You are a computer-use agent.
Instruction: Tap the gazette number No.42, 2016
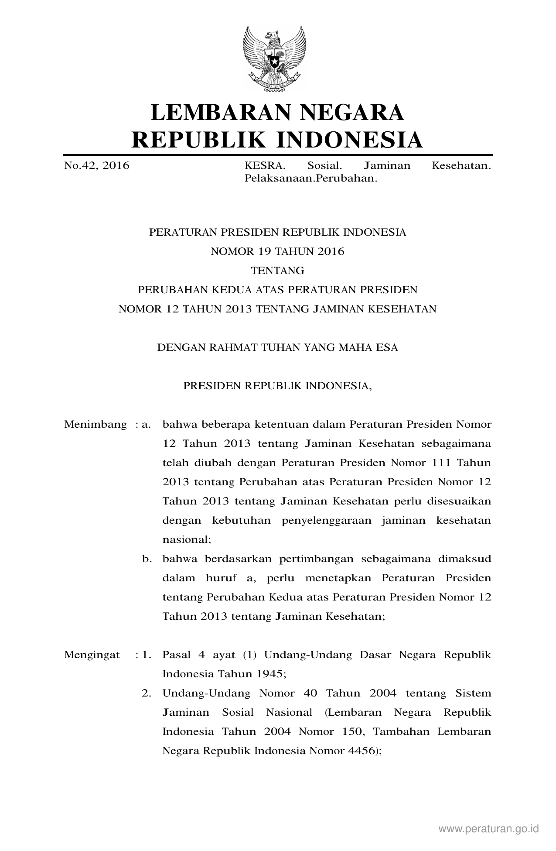point(97,166)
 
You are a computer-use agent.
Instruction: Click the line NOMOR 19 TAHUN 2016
point(277,251)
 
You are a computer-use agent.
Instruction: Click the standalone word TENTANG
point(277,271)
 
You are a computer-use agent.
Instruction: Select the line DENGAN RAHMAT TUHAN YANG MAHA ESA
point(277,348)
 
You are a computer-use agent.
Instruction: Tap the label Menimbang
point(96,425)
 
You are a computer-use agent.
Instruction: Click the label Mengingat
point(92,655)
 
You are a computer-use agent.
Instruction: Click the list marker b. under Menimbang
point(147,559)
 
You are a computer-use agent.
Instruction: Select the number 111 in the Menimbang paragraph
point(437,463)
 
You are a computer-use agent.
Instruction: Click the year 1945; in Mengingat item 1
point(271,674)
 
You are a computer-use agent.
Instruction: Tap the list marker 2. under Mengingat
point(147,693)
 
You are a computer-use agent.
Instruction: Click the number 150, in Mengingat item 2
point(354,732)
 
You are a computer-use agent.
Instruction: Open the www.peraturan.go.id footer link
point(489,829)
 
